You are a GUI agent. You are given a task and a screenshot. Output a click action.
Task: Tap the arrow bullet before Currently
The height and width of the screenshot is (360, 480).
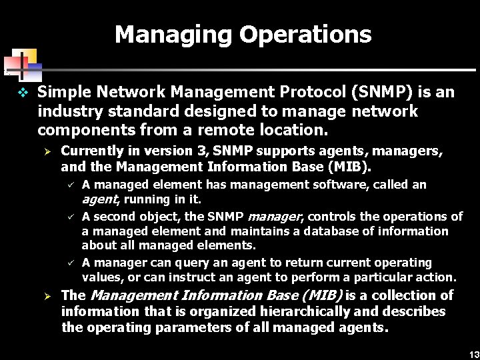coord(47,151)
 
